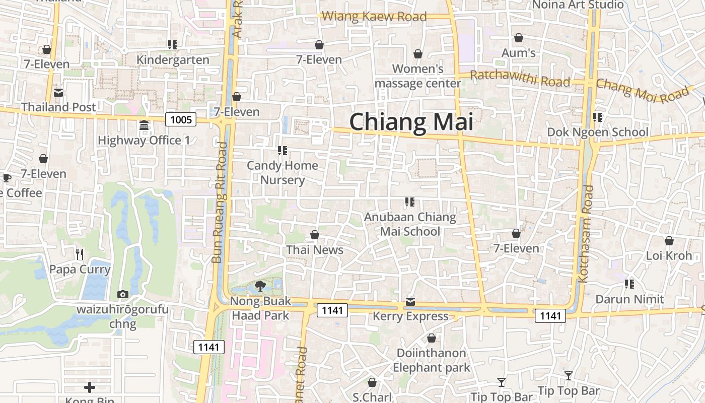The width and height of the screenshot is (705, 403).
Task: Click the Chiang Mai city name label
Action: click(x=411, y=122)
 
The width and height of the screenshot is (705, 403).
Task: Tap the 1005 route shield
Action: click(x=181, y=119)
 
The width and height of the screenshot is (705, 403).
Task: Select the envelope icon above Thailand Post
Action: click(x=58, y=93)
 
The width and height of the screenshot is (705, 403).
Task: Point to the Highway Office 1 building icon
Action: click(x=144, y=125)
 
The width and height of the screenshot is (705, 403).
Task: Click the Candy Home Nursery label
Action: click(x=283, y=172)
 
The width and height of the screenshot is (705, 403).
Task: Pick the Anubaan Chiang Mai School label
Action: click(x=410, y=224)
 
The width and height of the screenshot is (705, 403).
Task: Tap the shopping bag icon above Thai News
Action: click(x=315, y=235)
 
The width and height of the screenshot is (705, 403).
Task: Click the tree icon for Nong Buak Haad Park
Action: click(x=260, y=286)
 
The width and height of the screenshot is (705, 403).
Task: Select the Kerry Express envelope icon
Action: click(x=410, y=302)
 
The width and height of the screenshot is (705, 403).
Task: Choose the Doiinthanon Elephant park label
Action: click(x=431, y=360)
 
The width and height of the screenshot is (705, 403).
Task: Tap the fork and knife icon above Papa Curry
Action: click(x=79, y=254)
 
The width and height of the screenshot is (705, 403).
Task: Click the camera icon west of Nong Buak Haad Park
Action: click(x=122, y=294)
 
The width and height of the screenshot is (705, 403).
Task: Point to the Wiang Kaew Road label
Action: click(x=374, y=16)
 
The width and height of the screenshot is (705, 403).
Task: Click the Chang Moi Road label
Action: click(x=642, y=91)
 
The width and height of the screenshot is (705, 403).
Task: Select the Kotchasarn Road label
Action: click(x=588, y=233)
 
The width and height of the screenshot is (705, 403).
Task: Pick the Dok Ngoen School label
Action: click(x=598, y=132)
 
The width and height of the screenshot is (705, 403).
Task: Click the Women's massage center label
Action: click(x=418, y=76)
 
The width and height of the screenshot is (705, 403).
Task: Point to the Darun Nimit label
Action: click(x=629, y=299)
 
